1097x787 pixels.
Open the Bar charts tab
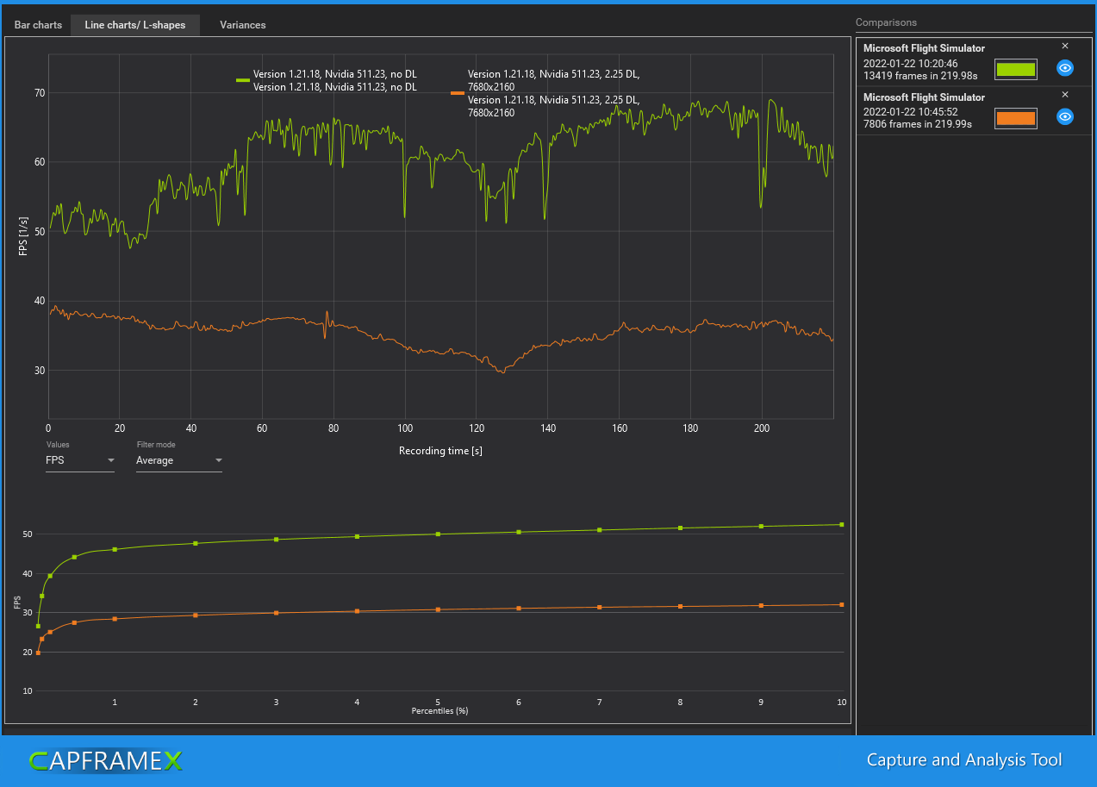pyautogui.click(x=38, y=25)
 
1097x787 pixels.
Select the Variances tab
pyautogui.click(x=242, y=25)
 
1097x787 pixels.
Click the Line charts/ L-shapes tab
pyautogui.click(x=134, y=25)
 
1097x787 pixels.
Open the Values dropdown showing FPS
pyautogui.click(x=79, y=460)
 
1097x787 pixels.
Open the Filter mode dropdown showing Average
pyautogui.click(x=178, y=460)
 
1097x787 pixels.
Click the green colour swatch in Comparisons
pyautogui.click(x=1015, y=69)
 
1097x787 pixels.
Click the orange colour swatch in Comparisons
pyautogui.click(x=1015, y=118)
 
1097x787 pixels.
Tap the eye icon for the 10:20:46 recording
pyautogui.click(x=1065, y=68)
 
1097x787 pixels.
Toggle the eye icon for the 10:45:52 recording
pyautogui.click(x=1065, y=117)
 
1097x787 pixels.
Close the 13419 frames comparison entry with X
pyautogui.click(x=1065, y=46)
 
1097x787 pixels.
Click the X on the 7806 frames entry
pyautogui.click(x=1065, y=95)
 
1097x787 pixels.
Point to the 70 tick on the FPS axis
pyautogui.click(x=40, y=92)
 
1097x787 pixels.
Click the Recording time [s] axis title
pyautogui.click(x=440, y=451)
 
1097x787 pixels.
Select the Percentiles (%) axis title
pyautogui.click(x=439, y=711)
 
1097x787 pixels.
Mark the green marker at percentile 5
pyautogui.click(x=438, y=534)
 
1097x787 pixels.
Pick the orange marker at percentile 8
pyautogui.click(x=680, y=607)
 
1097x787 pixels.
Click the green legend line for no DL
pyautogui.click(x=242, y=80)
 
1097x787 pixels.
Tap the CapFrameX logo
pyautogui.click(x=105, y=760)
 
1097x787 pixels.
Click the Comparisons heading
pyautogui.click(x=886, y=22)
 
